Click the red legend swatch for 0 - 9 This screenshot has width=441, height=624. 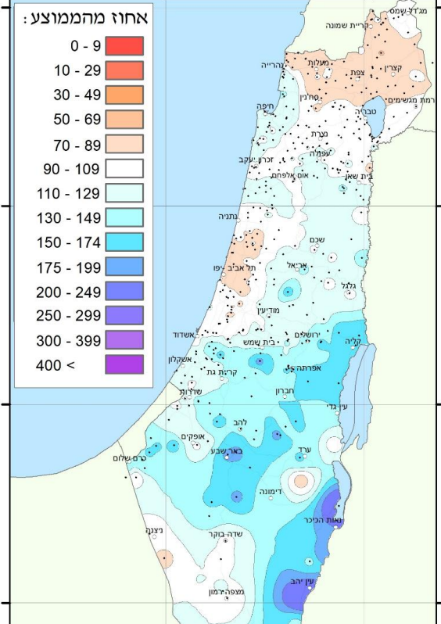[x=124, y=46]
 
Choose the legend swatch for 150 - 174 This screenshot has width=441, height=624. [x=124, y=242]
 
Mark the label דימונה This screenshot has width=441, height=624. [x=269, y=492]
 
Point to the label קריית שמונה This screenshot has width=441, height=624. [x=364, y=24]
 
